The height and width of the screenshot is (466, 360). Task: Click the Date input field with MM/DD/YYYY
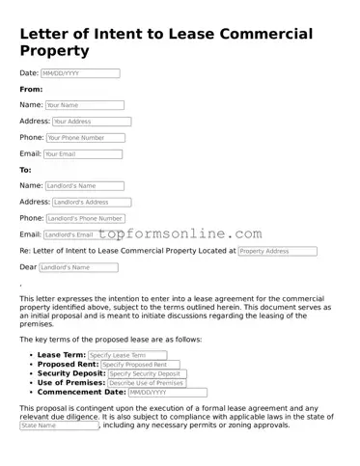tap(80, 73)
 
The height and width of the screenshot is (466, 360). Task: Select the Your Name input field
tap(84, 105)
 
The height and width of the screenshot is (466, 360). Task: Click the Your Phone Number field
tap(89, 138)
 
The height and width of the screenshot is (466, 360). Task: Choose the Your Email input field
tap(83, 154)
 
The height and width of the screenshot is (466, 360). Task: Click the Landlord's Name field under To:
tap(84, 186)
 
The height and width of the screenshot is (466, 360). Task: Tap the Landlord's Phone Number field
tap(85, 219)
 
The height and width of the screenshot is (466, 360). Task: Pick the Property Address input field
tap(277, 251)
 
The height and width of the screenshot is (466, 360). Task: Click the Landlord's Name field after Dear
tap(78, 267)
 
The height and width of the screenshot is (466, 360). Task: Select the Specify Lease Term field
tap(127, 355)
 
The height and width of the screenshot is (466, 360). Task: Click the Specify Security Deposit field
tap(146, 374)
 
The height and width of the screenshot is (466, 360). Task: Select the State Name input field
tap(59, 425)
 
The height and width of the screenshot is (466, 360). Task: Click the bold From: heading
tap(32, 89)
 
